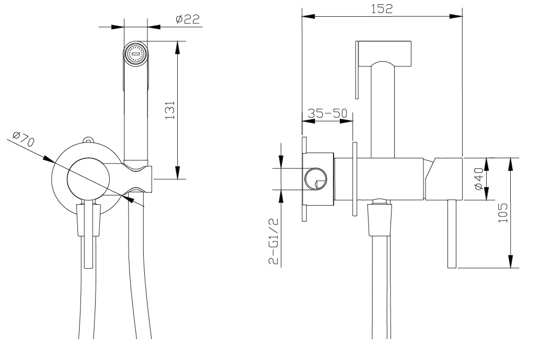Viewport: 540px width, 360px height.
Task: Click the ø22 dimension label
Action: click(x=188, y=19)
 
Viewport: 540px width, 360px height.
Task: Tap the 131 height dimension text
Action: click(x=170, y=110)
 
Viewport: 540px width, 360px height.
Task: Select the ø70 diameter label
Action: click(x=24, y=139)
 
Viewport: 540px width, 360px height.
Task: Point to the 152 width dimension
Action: click(x=382, y=8)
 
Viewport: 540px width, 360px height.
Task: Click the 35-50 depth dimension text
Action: click(x=328, y=113)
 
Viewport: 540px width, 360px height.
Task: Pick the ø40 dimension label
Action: click(x=479, y=179)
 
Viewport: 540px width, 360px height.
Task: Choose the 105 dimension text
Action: click(x=503, y=213)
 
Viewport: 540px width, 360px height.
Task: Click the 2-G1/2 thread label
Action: click(x=273, y=241)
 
